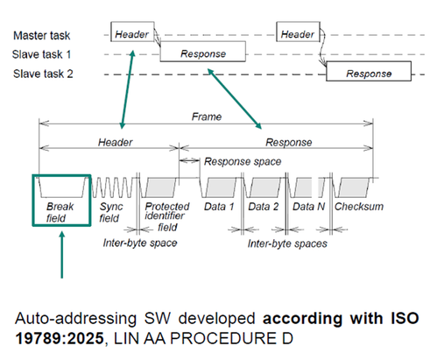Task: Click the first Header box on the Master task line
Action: [x=131, y=34]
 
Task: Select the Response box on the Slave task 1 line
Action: [x=202, y=53]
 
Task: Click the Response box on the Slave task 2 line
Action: [x=369, y=74]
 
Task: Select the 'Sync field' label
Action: [x=109, y=213]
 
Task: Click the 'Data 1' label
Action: [x=220, y=207]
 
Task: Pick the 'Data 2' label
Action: [x=264, y=207]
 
